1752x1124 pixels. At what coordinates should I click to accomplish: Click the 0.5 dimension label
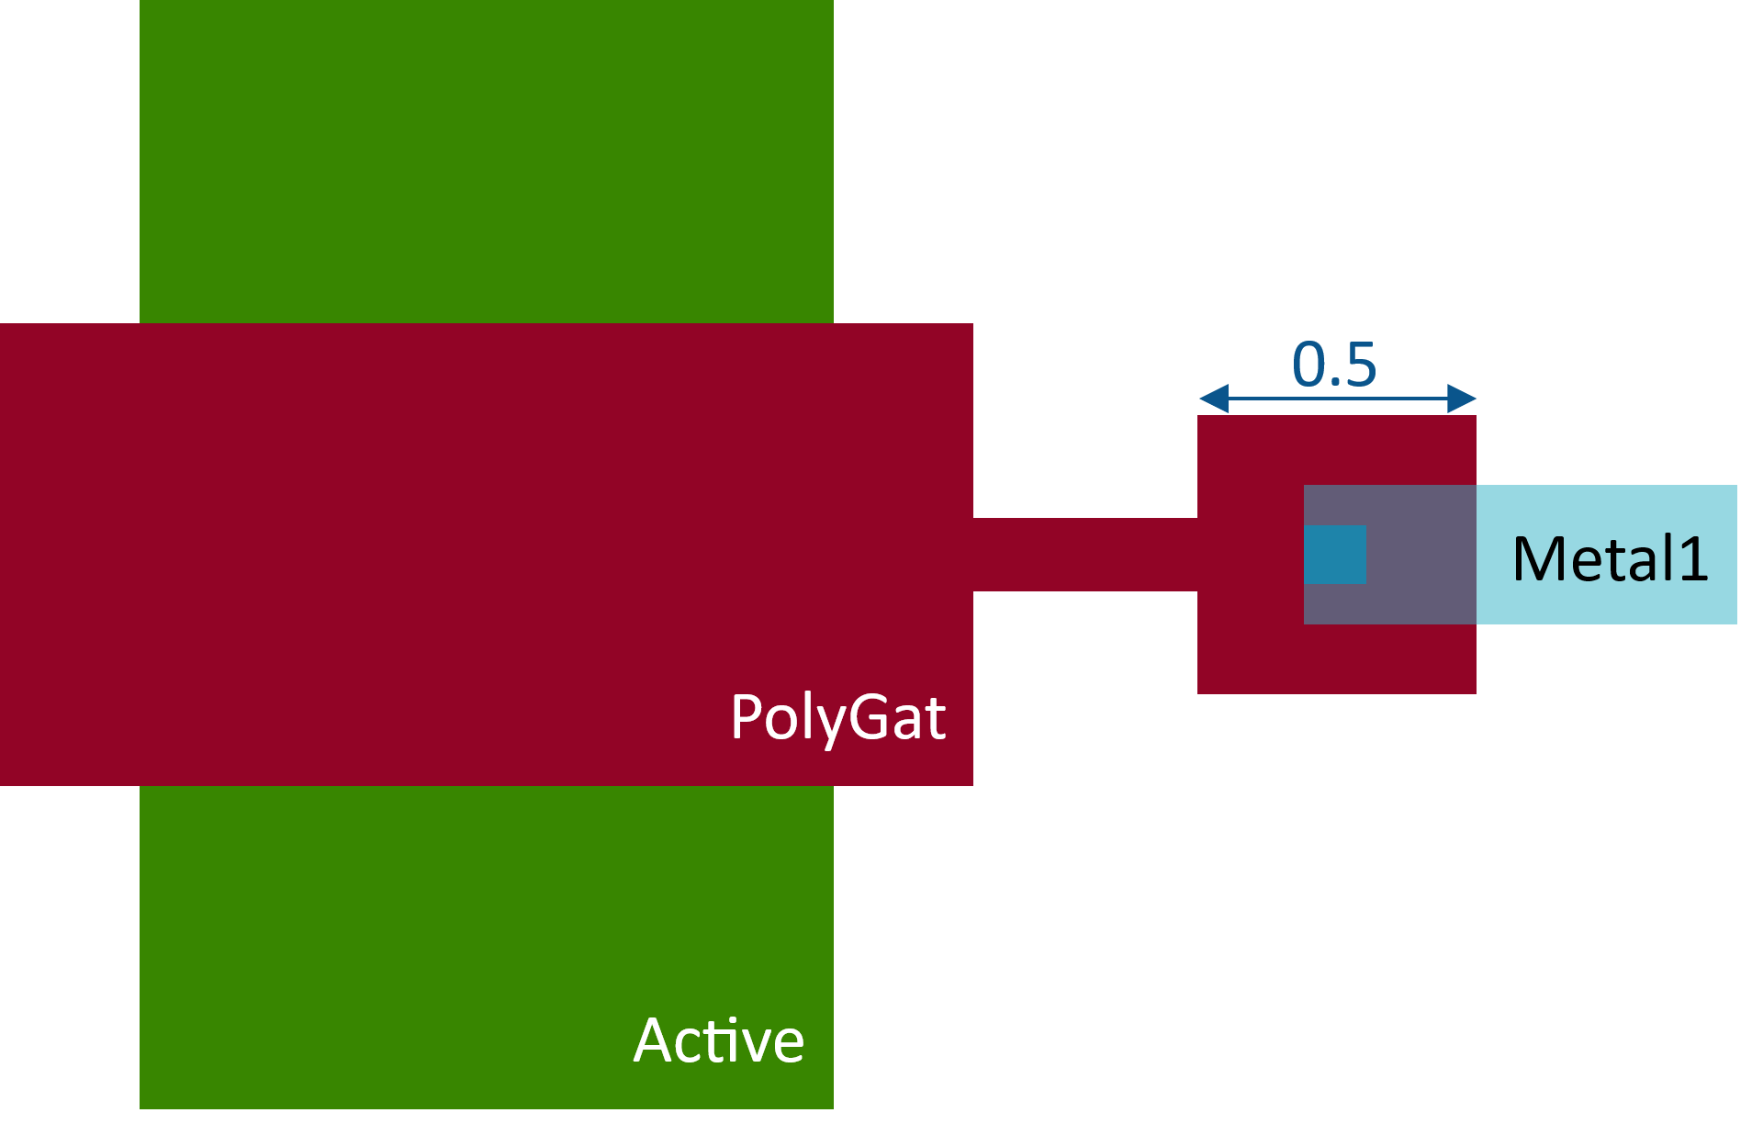pyautogui.click(x=1334, y=365)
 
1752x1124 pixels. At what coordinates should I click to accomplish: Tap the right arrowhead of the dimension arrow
pyautogui.click(x=1462, y=399)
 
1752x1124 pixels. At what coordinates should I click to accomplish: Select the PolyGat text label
pyautogui.click(x=837, y=717)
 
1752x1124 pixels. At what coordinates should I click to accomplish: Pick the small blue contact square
pyautogui.click(x=1335, y=554)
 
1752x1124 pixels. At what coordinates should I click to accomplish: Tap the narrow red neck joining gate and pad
pyautogui.click(x=1084, y=554)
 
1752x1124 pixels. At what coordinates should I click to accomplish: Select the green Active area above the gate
pyautogui.click(x=487, y=161)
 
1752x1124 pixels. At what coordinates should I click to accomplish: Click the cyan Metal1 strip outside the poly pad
pyautogui.click(x=1607, y=505)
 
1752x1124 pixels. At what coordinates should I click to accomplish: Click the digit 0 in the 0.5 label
pyautogui.click(x=1308, y=365)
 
